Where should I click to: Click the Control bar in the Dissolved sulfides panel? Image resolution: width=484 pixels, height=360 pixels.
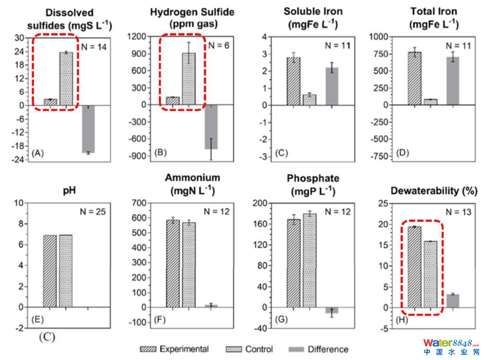coord(66,79)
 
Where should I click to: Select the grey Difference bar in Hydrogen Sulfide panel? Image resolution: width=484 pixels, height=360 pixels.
coord(211,127)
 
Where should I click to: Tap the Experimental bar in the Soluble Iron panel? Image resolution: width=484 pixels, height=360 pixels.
coord(294,81)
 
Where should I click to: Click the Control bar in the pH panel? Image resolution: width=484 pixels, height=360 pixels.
coord(66,271)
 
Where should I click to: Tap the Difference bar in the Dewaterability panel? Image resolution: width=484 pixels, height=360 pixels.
coord(453,301)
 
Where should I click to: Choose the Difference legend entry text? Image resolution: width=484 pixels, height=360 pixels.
coord(328,350)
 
